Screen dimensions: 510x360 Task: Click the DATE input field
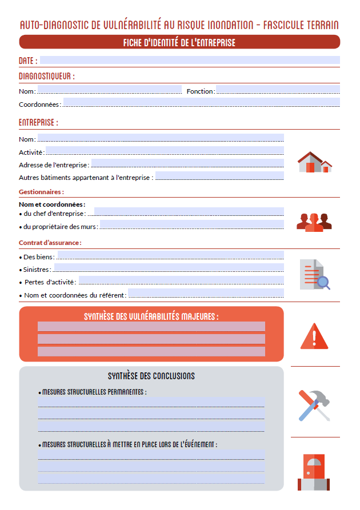coord(189,60)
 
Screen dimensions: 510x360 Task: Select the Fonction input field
coord(277,90)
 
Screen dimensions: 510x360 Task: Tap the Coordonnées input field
coord(201,103)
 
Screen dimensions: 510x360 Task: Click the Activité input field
coord(165,151)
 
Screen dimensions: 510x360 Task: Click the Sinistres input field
coord(169,268)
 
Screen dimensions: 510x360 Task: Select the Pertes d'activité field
coord(181,280)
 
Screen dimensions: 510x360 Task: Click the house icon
coord(314,162)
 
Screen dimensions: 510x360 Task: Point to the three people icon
coord(314,222)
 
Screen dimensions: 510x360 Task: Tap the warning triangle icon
coord(314,336)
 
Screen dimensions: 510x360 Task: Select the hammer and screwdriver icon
coord(314,405)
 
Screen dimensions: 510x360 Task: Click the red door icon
coord(314,472)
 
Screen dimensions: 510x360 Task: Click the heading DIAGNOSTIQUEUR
coord(46,76)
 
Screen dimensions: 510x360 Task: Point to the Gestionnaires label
coord(41,192)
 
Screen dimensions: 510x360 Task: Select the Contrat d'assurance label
coord(50,243)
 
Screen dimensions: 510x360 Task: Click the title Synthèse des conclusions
coord(151,376)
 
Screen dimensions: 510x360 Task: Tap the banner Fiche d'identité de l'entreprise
coord(179,42)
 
